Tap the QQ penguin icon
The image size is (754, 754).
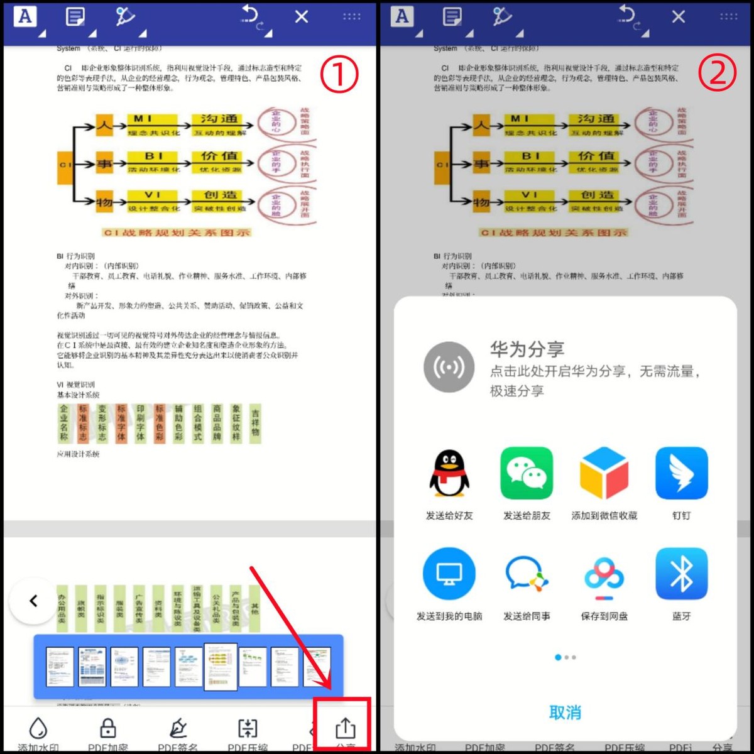pos(449,474)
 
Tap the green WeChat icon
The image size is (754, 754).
pos(527,473)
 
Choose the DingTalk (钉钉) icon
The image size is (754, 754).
pos(681,473)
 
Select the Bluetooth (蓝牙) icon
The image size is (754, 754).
pos(681,574)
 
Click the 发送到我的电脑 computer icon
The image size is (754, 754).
pos(449,574)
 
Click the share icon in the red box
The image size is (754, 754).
pos(345,728)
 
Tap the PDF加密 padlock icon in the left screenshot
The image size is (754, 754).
pos(108,728)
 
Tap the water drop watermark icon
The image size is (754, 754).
pos(39,728)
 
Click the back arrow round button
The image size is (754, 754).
pos(34,601)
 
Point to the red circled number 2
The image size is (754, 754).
pos(717,74)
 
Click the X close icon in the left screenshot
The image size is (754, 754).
pos(302,17)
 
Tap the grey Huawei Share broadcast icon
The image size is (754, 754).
pos(449,367)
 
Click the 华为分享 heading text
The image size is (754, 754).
pos(527,349)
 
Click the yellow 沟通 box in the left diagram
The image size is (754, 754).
pos(219,119)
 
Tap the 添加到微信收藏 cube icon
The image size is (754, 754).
pos(604,473)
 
